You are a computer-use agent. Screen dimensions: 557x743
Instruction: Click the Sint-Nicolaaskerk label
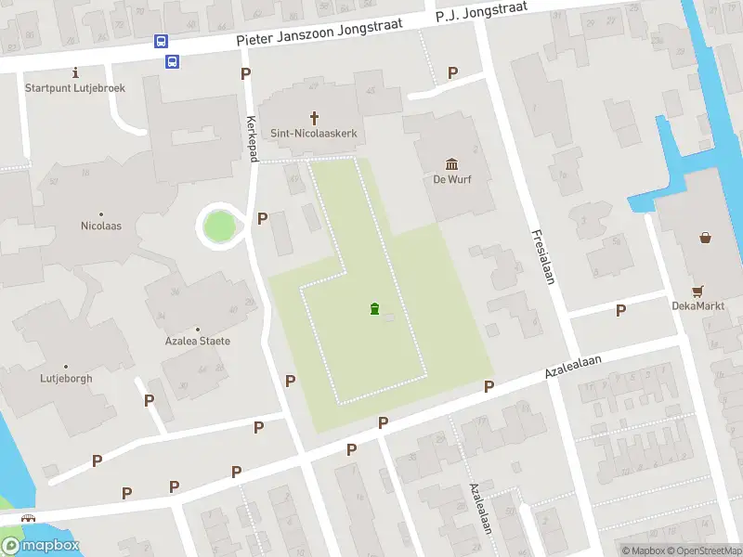(314, 134)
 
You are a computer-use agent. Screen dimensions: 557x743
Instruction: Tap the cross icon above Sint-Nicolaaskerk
(314, 118)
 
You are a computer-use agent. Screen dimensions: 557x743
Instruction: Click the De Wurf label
(452, 179)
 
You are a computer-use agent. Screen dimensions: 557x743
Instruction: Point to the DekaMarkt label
(697, 304)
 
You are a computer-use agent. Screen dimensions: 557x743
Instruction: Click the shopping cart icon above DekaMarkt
(697, 289)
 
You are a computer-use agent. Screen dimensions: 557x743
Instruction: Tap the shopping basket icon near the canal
(706, 237)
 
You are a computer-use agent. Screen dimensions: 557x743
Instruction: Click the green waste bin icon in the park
(374, 309)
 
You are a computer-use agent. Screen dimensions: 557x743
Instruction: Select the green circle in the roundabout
(220, 226)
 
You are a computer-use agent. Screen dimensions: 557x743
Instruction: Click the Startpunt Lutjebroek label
(75, 88)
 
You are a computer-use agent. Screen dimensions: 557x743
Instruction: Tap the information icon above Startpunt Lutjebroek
(75, 72)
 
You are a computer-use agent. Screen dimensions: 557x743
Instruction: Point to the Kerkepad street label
(252, 139)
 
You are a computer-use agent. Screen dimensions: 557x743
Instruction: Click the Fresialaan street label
(543, 256)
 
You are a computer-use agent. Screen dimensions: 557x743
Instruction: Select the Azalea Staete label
(197, 341)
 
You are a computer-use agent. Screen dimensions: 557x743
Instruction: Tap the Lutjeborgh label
(66, 379)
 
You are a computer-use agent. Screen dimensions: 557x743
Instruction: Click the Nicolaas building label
(101, 226)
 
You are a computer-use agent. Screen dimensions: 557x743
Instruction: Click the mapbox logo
(40, 545)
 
